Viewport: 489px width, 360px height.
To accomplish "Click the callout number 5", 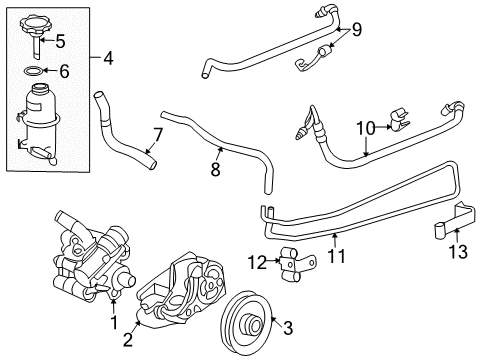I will (x=59, y=42).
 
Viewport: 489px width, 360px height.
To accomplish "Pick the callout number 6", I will (x=63, y=72).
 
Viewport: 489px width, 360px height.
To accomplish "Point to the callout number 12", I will (x=257, y=262).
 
